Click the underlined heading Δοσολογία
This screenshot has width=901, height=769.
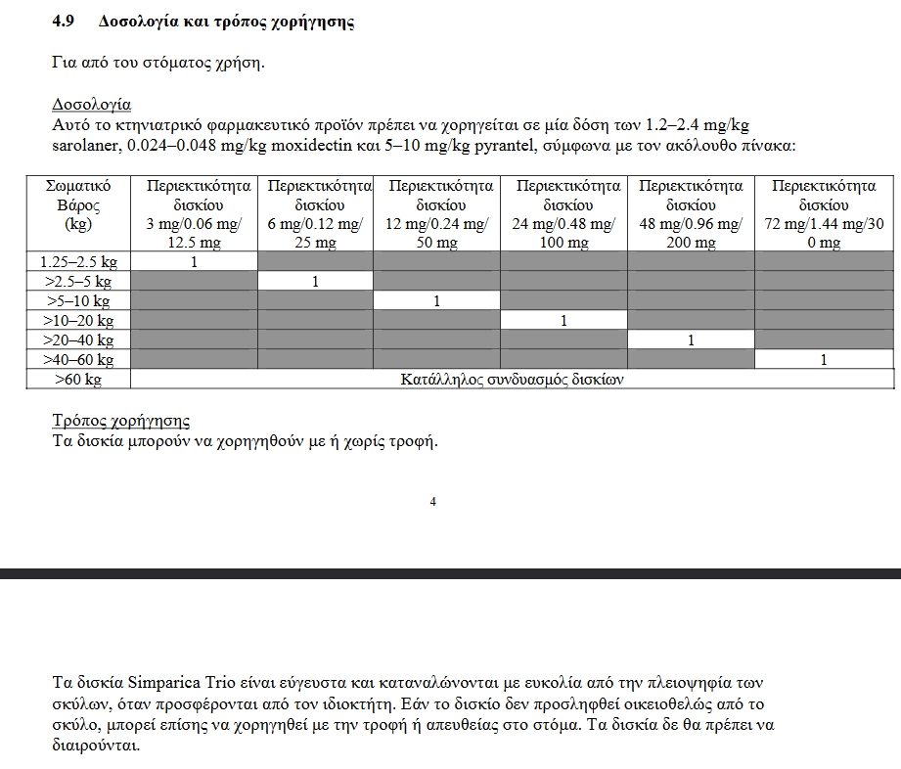coord(91,105)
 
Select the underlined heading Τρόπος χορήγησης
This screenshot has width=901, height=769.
coord(120,421)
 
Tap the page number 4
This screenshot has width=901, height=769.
coord(432,502)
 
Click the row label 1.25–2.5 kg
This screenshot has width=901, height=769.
coord(78,262)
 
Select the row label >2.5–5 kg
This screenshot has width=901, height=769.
coord(78,282)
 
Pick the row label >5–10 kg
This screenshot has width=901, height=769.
coord(78,301)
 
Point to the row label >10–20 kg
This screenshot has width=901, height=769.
coord(78,321)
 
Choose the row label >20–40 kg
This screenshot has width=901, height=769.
coord(78,340)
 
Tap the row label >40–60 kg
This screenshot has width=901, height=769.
coord(78,360)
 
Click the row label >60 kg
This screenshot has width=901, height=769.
coord(78,380)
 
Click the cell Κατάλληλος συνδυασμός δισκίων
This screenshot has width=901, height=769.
coord(512,380)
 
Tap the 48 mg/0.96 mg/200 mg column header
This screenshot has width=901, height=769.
coord(691,214)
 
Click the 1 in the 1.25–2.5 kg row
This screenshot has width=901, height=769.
coord(194,262)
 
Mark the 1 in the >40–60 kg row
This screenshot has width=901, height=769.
coord(824,360)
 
